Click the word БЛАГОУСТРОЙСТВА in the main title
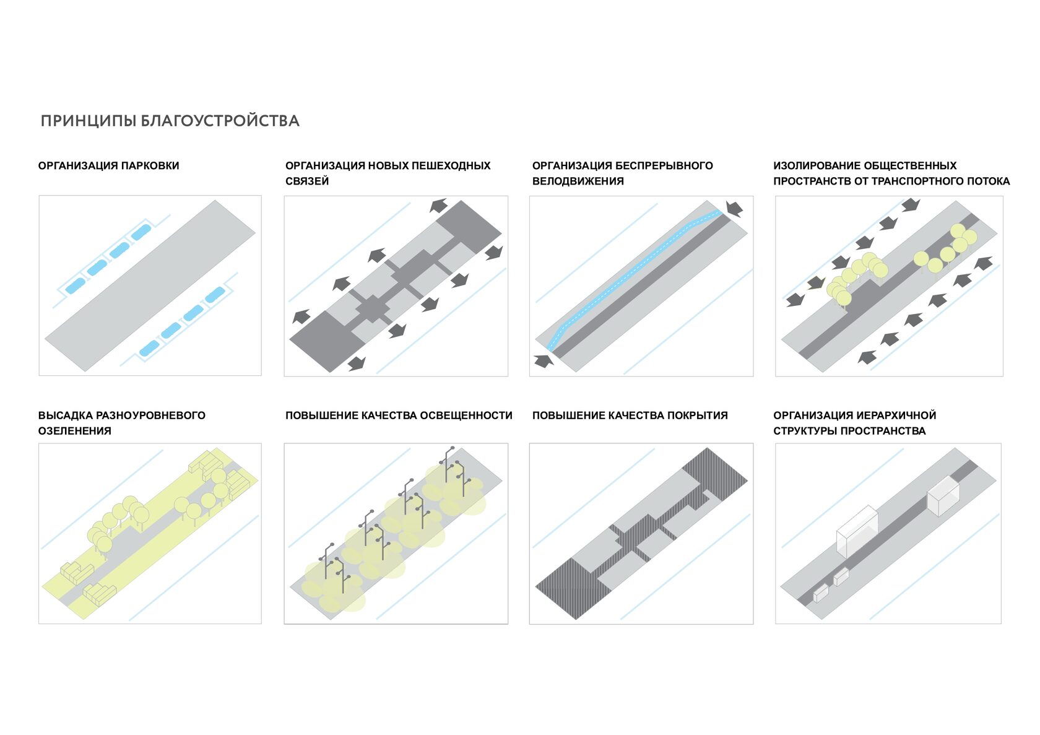click(220, 121)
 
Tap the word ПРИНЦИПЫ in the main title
click(88, 121)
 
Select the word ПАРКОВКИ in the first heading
click(150, 166)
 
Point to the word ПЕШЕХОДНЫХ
click(451, 166)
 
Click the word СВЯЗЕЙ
click(307, 181)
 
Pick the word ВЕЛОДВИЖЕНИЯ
click(578, 181)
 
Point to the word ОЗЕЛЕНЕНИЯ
click(75, 431)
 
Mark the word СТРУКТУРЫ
click(805, 431)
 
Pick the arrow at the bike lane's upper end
click(734, 209)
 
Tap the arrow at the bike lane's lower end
click(544, 361)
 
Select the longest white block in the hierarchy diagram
click(857, 531)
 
